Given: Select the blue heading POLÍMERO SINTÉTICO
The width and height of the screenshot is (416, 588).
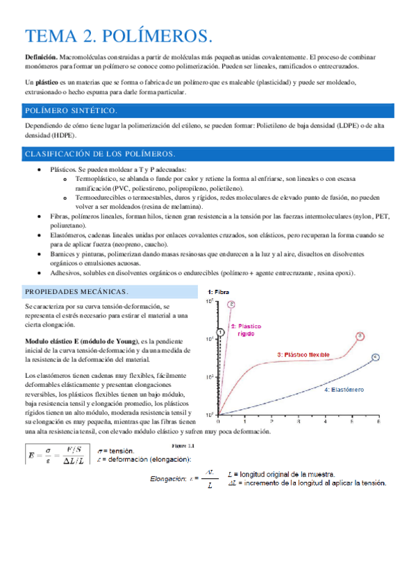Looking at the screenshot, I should click(71, 111).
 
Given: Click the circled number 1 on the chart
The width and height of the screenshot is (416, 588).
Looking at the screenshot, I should click(220, 333).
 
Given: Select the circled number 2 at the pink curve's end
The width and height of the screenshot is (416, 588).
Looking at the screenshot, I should click(231, 304).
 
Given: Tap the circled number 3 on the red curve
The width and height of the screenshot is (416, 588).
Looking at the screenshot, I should click(360, 336).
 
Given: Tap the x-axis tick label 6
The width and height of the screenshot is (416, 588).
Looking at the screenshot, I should click(378, 421).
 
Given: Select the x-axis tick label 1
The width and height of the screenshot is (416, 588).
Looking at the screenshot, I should click(246, 421).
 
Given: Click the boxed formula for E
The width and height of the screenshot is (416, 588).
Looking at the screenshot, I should click(55, 456).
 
